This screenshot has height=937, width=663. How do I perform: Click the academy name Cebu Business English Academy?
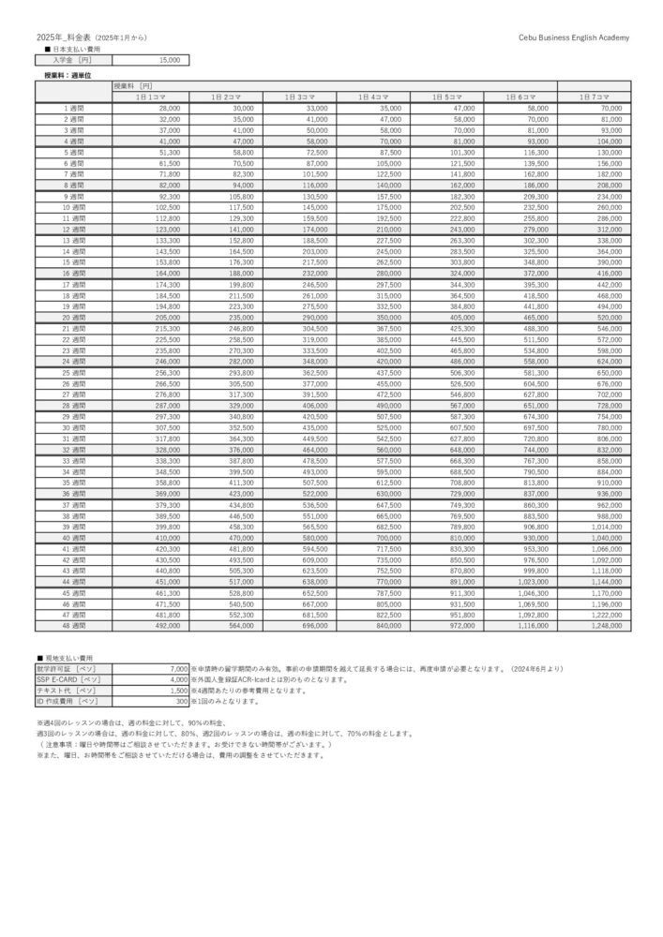click(573, 36)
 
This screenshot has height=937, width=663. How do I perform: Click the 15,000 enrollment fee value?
click(170, 59)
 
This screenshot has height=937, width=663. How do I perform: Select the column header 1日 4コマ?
click(373, 97)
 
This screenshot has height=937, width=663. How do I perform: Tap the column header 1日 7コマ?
click(595, 97)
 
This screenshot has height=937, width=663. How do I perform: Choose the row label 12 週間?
click(74, 229)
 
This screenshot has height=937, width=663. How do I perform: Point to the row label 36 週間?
click(74, 493)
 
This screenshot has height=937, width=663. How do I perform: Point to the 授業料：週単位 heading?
click(67, 73)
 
